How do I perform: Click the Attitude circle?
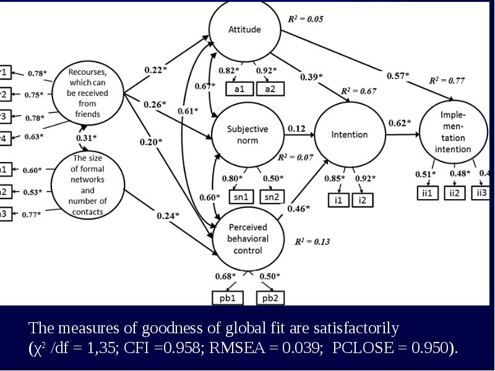pyautogui.click(x=245, y=29)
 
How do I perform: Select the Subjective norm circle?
pyautogui.click(x=247, y=134)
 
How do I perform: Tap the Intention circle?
pyautogui.click(x=350, y=134)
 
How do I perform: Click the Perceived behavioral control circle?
pyautogui.click(x=247, y=239)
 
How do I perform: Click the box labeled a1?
pyautogui.click(x=239, y=88)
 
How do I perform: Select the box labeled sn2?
pyautogui.click(x=270, y=197)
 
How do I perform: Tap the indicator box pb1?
pyautogui.click(x=228, y=298)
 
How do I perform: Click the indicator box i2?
pyautogui.click(x=363, y=200)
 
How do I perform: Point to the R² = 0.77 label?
pyautogui.click(x=447, y=80)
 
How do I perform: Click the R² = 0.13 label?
pyautogui.click(x=312, y=242)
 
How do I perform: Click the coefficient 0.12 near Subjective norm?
pyautogui.click(x=296, y=129)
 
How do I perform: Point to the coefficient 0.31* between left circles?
pyautogui.click(x=87, y=137)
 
